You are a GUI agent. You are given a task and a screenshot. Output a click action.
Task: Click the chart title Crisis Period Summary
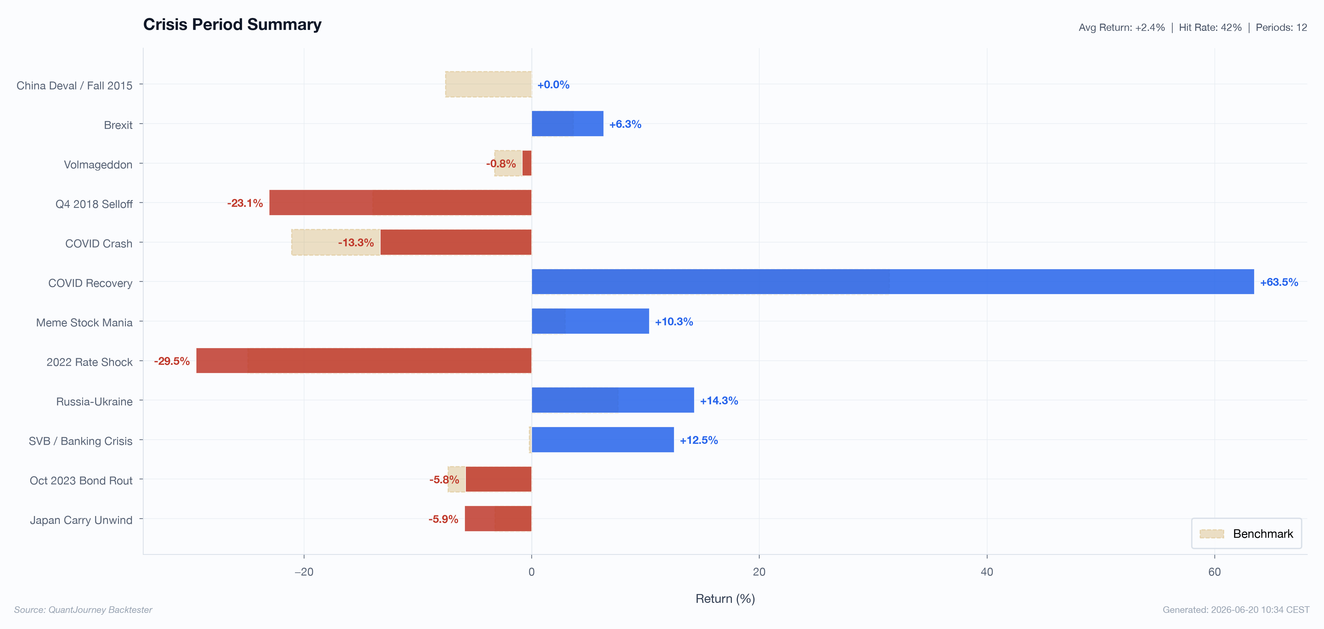coord(232,25)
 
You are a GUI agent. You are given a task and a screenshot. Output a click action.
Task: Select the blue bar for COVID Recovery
coord(893,282)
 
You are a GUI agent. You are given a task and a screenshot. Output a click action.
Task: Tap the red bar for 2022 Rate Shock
coord(364,360)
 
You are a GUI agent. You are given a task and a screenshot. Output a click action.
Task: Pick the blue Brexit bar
coord(568,124)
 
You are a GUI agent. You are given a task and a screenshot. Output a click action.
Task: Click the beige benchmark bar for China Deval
coord(488,84)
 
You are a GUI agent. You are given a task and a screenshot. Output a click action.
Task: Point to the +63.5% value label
coord(1279,282)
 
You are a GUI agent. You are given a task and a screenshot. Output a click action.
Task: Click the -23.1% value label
coord(245,203)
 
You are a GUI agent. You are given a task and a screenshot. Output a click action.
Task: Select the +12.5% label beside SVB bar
coord(699,440)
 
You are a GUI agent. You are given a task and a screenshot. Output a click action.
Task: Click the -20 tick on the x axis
coord(304,571)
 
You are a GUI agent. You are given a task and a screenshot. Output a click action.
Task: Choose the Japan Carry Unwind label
coord(81,520)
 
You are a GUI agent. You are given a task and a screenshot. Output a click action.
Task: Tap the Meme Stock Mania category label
coord(84,322)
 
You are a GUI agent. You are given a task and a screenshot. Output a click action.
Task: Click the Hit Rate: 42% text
coord(1210,27)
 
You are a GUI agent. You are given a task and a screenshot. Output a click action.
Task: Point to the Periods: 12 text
coord(1281,27)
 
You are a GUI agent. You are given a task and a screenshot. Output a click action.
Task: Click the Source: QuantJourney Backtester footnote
coord(83,610)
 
